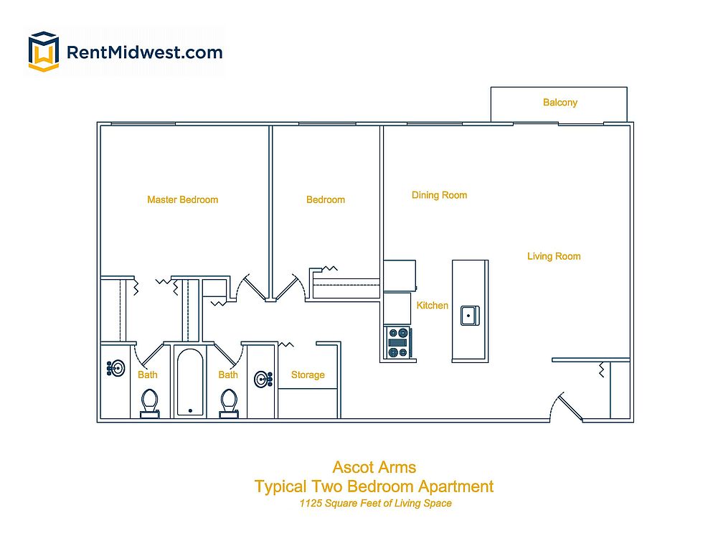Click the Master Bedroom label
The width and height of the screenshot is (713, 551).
tap(182, 199)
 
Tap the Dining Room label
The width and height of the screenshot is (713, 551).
tap(439, 195)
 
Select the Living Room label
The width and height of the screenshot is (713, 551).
tap(553, 256)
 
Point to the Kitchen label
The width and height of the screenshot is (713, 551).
tap(433, 306)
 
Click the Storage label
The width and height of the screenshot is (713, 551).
tap(308, 375)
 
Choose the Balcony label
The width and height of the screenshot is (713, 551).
tap(559, 103)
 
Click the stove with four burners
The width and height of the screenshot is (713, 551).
tap(398, 342)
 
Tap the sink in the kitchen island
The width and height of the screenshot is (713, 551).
tap(470, 314)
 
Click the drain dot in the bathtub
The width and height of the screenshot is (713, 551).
tap(190, 411)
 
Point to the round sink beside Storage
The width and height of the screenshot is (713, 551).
tap(263, 379)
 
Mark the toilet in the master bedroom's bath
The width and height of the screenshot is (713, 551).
tap(150, 402)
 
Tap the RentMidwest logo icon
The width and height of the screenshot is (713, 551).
tap(43, 52)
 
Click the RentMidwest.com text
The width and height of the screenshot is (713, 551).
tap(143, 52)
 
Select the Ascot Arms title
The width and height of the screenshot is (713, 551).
tap(374, 468)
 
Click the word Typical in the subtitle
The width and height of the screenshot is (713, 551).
tap(283, 486)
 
